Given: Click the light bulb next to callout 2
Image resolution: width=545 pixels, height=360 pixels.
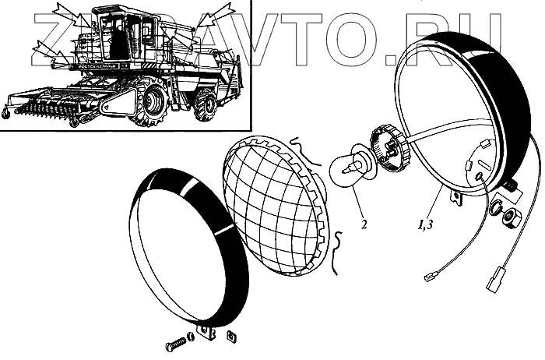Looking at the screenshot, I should coord(348,165).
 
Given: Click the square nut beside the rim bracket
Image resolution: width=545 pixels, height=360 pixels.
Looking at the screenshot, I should coord(230,337).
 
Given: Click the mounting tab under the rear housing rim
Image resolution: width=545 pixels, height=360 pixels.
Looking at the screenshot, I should coord(460,198).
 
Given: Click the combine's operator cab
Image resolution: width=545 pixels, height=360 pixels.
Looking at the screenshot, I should coord(117,34).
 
